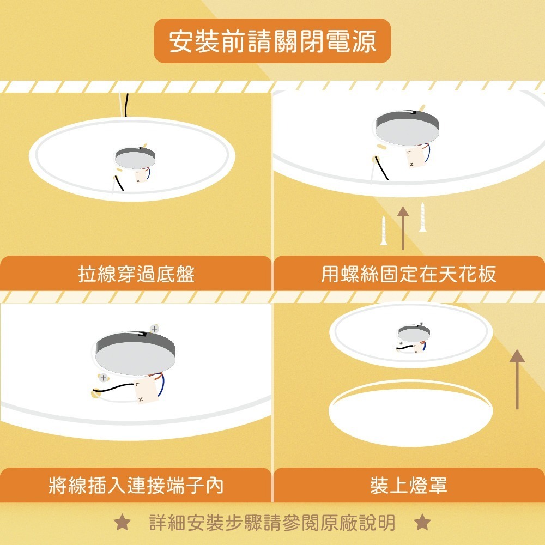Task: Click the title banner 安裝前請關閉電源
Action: [272, 41]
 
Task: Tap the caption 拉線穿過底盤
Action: [136, 274]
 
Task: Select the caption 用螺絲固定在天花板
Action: [409, 274]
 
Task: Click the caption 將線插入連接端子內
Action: [136, 485]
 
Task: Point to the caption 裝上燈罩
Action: [409, 485]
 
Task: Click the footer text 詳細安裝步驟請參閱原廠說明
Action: [272, 523]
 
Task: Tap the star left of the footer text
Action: [122, 523]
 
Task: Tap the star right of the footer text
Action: [422, 523]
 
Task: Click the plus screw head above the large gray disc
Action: [154, 329]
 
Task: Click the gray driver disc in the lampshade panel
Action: [414, 333]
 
